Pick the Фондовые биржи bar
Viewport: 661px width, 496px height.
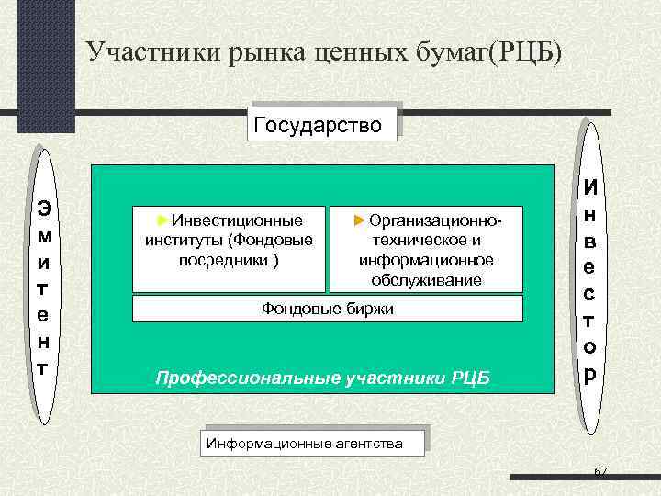pyautogui.click(x=328, y=309)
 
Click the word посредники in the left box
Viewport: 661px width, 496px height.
pyautogui.click(x=224, y=258)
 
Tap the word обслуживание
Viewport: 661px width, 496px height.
pyautogui.click(x=426, y=279)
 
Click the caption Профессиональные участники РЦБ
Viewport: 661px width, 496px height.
pyautogui.click(x=323, y=377)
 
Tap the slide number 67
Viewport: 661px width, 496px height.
pyautogui.click(x=600, y=471)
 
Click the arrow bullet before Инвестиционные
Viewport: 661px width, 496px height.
pyautogui.click(x=162, y=220)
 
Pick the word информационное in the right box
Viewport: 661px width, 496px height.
pyautogui.click(x=426, y=260)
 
